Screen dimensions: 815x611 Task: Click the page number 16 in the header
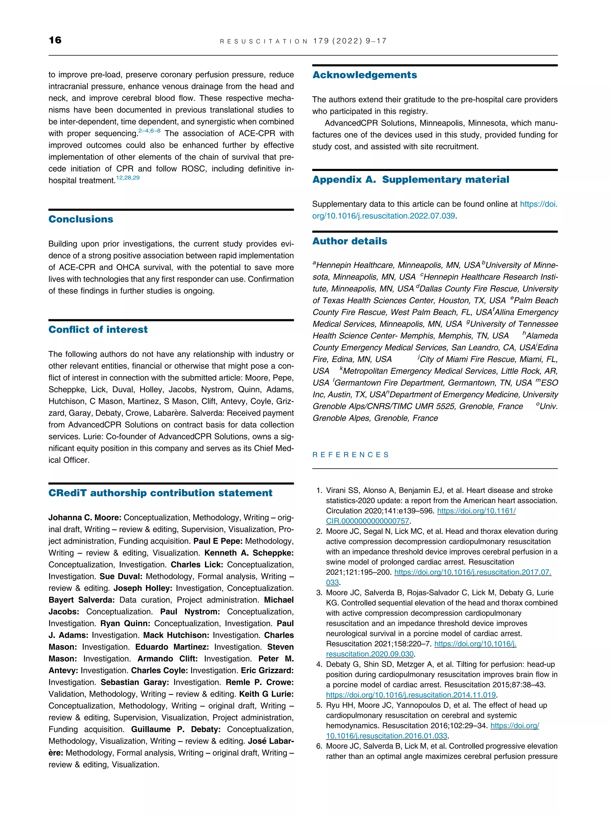pos(55,40)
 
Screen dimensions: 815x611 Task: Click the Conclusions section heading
pos(81,219)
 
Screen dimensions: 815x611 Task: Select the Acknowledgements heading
pos(365,75)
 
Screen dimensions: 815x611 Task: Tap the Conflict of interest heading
pos(98,329)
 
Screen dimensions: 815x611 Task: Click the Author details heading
pos(350,241)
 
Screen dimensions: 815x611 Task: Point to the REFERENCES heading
pos(350,455)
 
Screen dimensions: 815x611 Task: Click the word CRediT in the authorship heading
pos(67,493)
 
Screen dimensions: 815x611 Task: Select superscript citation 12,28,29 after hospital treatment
pos(128,178)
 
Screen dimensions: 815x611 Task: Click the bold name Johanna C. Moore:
pos(85,518)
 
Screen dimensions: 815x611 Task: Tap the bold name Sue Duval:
pos(121,576)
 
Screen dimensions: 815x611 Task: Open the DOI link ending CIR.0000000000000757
pos(367,521)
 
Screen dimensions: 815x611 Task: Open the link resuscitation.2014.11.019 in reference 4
pos(411,695)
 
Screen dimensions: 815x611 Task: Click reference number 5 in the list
pos(319,705)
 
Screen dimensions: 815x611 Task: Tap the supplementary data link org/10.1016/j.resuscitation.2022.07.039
pos(383,216)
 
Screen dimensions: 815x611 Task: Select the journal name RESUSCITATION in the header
pos(263,41)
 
